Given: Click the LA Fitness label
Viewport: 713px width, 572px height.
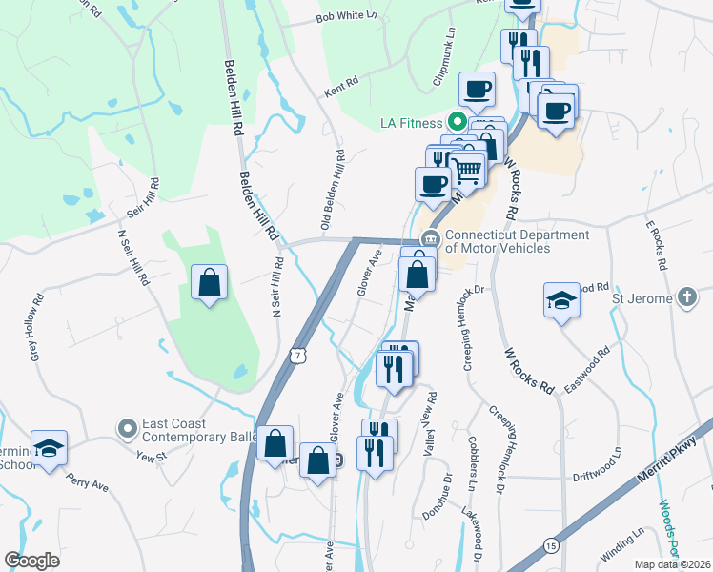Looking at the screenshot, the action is click(x=411, y=123).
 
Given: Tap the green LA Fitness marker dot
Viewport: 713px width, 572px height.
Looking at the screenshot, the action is click(x=457, y=122).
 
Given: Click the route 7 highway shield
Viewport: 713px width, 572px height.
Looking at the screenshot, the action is click(x=297, y=355).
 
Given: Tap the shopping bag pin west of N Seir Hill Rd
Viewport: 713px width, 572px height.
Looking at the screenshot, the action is click(x=209, y=283).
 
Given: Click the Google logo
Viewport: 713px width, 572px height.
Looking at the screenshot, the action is click(x=31, y=562).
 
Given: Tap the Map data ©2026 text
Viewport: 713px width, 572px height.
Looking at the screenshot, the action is click(x=673, y=564).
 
